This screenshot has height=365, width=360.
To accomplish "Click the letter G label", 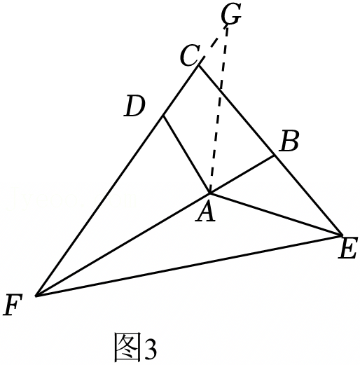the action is pos(231,15).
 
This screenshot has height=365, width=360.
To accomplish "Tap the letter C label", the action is pos(190,56).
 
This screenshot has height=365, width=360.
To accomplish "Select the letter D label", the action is pos(134,106).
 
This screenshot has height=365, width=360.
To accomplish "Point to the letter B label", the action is pos(290,142).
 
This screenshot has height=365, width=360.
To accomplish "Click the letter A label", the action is pos(205,212).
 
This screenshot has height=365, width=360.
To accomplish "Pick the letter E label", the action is pos(348,248).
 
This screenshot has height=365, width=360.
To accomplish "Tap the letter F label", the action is pos(13,305).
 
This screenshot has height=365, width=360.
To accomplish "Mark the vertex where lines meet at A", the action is pos(210,193).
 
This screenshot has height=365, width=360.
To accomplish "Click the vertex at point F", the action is pos(36,296).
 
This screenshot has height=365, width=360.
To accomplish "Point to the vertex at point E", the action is pos(342,235).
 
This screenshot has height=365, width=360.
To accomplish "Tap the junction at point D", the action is pos(163,116).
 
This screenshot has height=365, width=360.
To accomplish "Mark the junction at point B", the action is pos(274,155).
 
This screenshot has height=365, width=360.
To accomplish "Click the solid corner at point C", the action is pos(198,66).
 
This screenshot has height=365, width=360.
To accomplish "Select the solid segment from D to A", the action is pos(186,154).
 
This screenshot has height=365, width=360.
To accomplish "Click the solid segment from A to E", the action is pos(276,214).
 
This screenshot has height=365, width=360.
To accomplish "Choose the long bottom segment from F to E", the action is pos(189,266).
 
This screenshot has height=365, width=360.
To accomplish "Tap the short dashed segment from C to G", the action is pos(212,46).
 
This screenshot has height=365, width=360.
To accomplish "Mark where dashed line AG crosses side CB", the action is pos(221,89).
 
